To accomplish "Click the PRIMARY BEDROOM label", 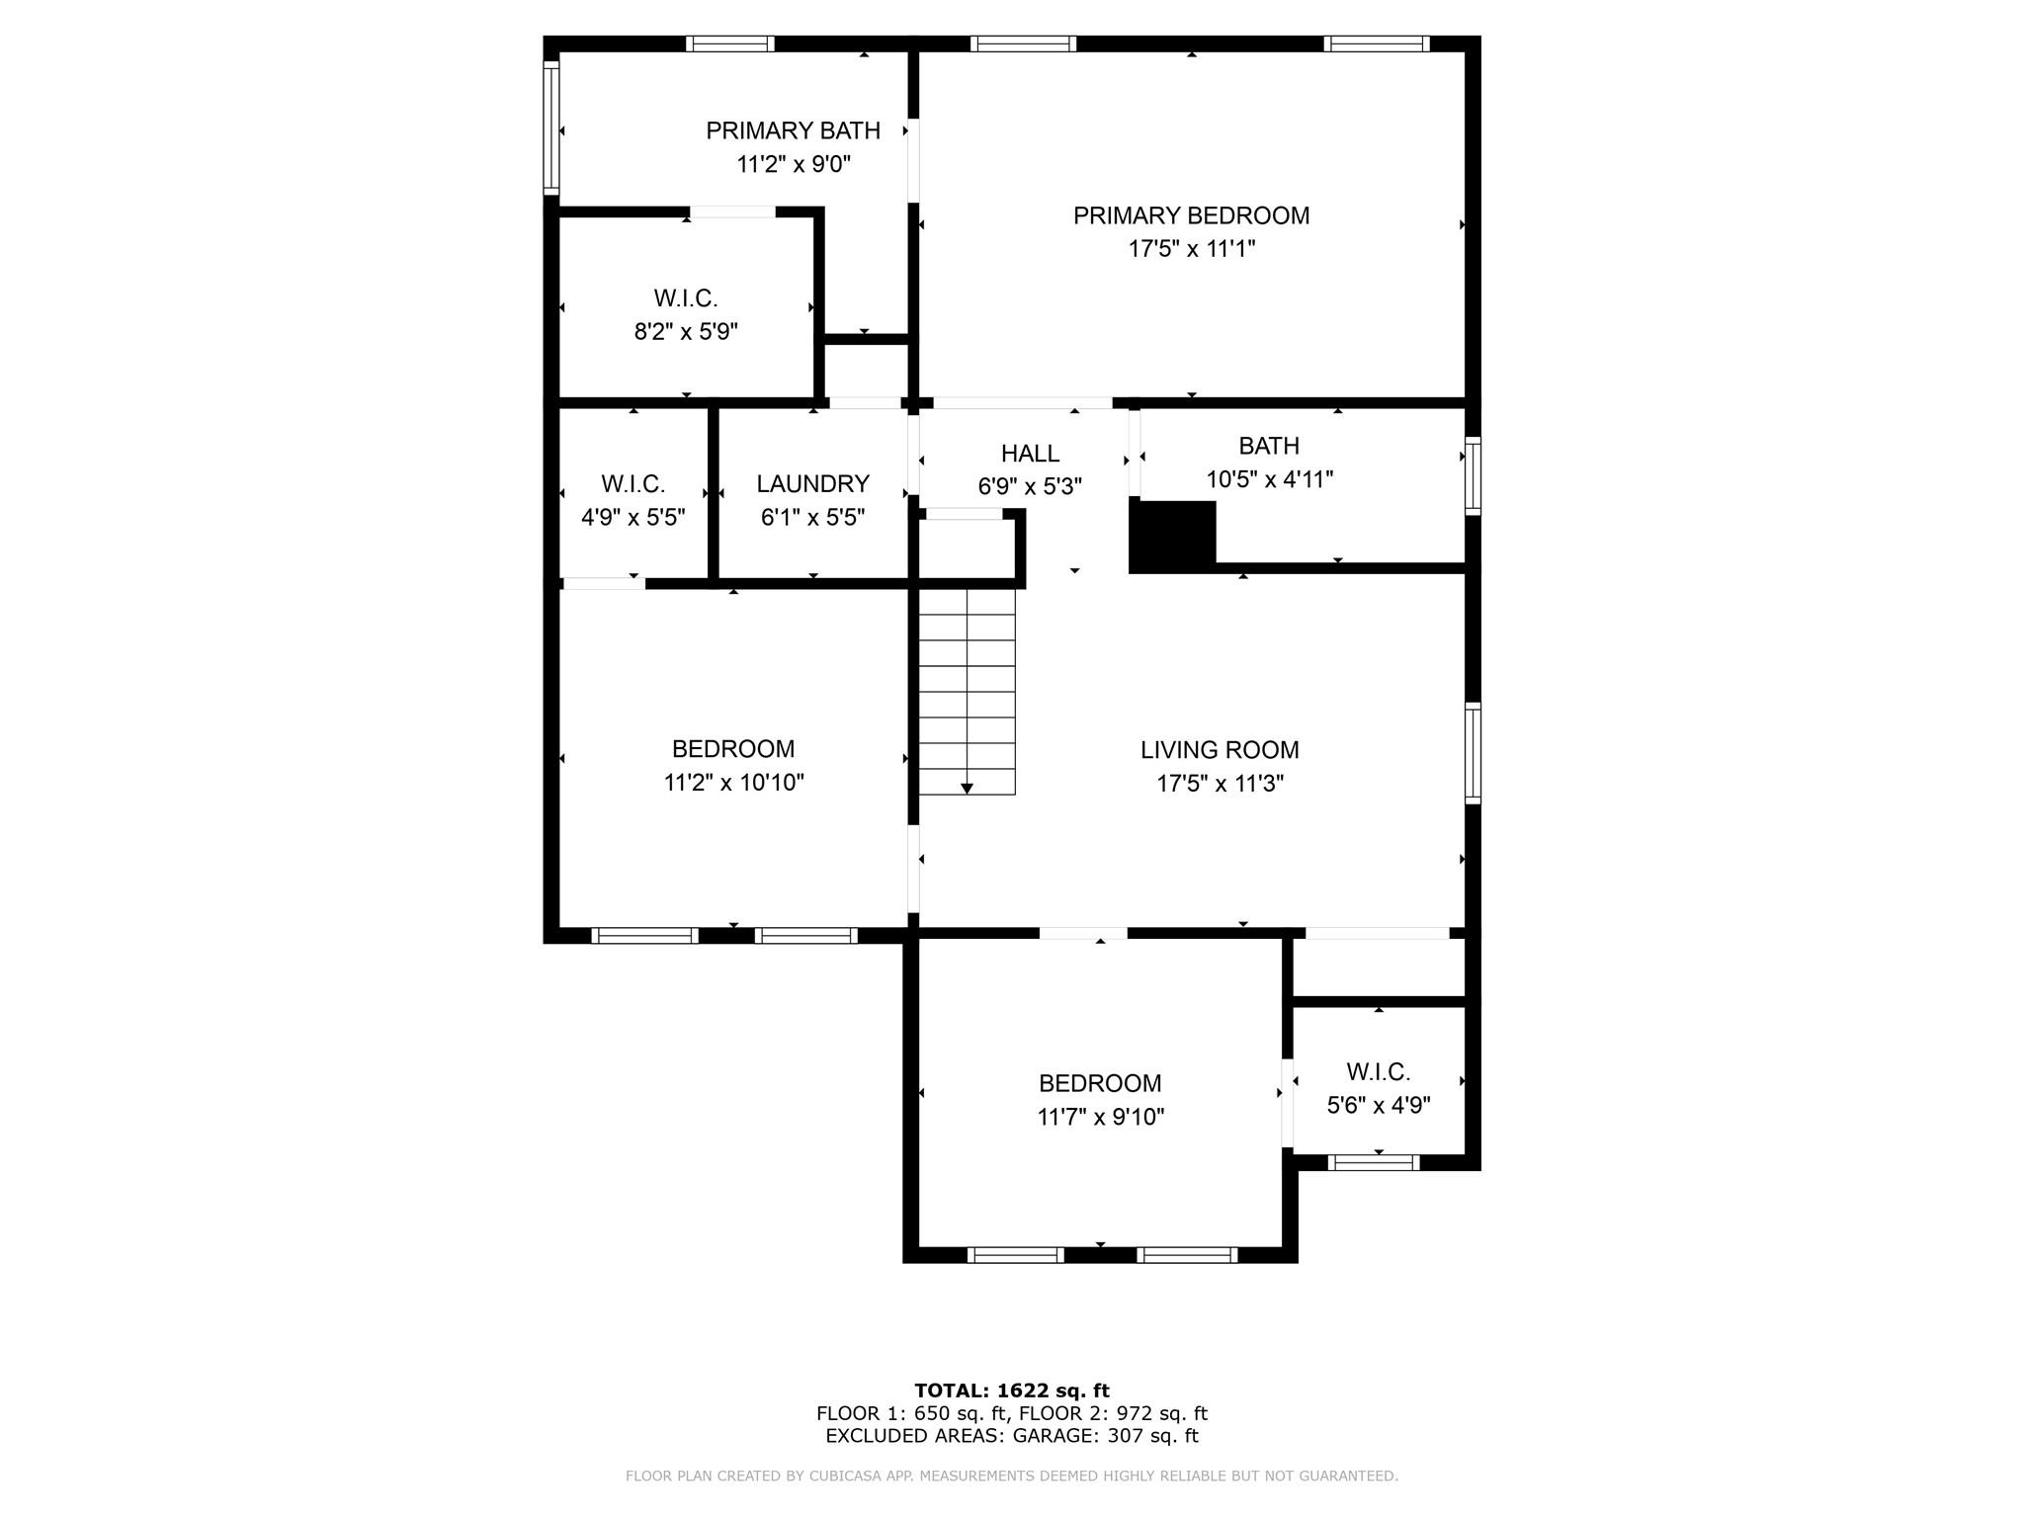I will pos(1191,215).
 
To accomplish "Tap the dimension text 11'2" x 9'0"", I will pos(794,164).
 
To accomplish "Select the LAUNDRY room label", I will pos(812,483).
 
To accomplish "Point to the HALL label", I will pos(1030,454).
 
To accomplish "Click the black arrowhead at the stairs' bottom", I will pos(967,788).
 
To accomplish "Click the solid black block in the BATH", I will pos(1173,535).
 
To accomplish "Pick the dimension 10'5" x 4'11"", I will pos(1269,479).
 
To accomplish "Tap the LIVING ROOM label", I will pos(1220,750).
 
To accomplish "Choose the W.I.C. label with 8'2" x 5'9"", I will pos(685,298).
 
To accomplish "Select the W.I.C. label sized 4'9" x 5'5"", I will pos(632,484).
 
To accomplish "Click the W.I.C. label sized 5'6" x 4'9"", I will pos(1378,1071).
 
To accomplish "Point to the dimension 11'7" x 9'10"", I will pos(1100,1117).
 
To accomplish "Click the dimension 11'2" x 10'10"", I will pos(733,783).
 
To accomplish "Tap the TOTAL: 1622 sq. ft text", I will pos(1011,1391).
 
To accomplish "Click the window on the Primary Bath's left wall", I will pos(551,127).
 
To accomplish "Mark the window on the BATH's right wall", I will pos(1473,477).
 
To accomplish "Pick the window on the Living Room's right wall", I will pos(1473,753).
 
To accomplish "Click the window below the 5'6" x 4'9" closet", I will pos(1374,1163).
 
